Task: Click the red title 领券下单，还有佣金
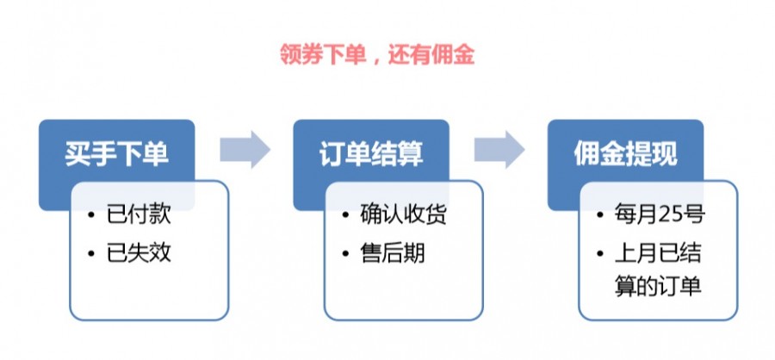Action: click(376, 54)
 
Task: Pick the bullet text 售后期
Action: click(393, 254)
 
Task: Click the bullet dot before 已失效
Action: click(92, 254)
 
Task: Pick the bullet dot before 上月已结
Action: click(600, 254)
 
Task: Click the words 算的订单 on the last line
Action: click(658, 287)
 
